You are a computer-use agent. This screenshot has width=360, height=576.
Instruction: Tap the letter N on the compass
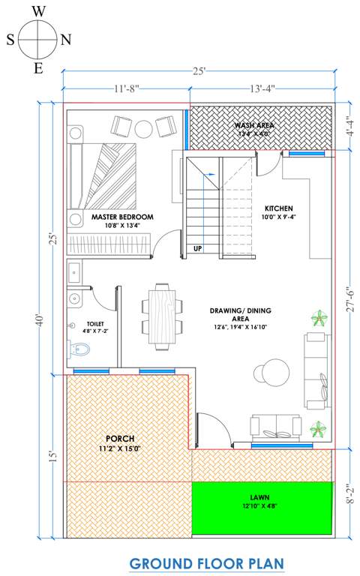(66, 40)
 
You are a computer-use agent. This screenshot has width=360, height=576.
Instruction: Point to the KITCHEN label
(278, 208)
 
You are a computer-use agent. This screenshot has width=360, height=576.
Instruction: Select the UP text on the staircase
(198, 248)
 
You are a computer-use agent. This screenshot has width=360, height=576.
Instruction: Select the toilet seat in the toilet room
(80, 349)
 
